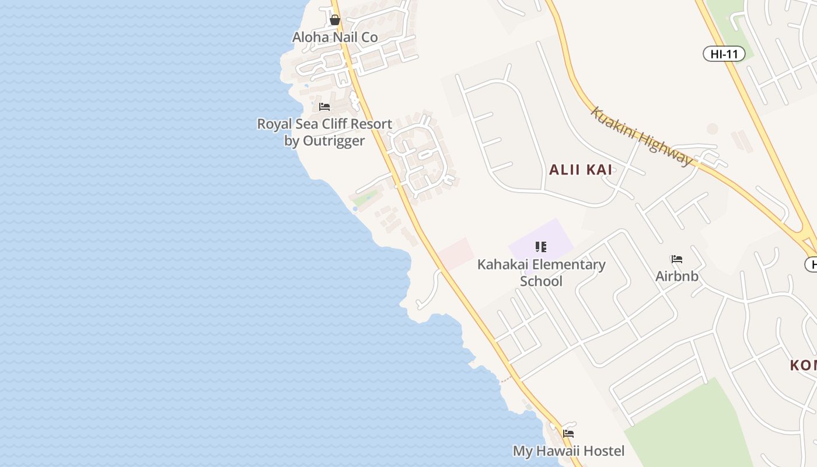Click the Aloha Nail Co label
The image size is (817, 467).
tap(335, 37)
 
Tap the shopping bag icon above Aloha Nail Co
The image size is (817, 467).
tap(335, 20)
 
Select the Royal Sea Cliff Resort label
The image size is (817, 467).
tap(324, 124)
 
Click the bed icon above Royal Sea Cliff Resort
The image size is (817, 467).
tap(324, 107)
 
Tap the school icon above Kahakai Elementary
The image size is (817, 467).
tap(541, 247)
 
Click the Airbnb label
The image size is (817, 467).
tap(677, 276)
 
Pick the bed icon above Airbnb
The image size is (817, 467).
tap(677, 259)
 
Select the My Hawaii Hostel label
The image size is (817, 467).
tap(568, 451)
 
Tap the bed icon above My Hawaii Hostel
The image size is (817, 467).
tap(568, 434)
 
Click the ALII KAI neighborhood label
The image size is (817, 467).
tap(581, 170)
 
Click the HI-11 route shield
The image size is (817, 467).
tap(724, 54)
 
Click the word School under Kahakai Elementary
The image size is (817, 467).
tap(541, 281)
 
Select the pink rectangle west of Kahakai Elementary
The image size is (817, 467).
tap(456, 253)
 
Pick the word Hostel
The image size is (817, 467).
tap(602, 451)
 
